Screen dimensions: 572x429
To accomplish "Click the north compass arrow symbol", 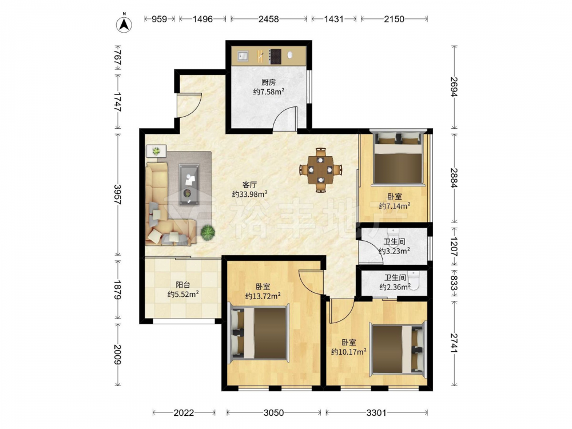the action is (x=124, y=24).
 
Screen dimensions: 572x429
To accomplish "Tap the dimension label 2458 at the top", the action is (x=268, y=19).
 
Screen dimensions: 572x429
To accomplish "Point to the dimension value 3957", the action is (x=117, y=194).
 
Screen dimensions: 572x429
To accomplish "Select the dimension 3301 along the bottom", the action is (x=376, y=412).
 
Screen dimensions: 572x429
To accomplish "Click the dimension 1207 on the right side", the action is (x=454, y=247).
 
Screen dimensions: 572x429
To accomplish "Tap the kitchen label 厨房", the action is (x=268, y=82).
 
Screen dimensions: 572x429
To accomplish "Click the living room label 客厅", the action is (x=249, y=185).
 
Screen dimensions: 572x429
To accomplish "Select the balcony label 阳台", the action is (x=183, y=285).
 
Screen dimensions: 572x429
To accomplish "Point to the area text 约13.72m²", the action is (x=263, y=296).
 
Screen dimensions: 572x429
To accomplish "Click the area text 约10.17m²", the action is (x=349, y=352).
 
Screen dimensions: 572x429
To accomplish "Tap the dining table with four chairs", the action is (x=321, y=170).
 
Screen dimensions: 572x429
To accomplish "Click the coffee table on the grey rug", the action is (x=189, y=184).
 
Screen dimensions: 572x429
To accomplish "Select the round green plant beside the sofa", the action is (x=208, y=232).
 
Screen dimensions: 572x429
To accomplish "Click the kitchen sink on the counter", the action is (x=243, y=56).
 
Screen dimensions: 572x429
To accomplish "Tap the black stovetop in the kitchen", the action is (x=275, y=57).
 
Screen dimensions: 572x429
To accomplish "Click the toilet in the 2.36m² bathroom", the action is (x=414, y=280).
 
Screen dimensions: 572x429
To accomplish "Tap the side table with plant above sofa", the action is (x=156, y=151).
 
